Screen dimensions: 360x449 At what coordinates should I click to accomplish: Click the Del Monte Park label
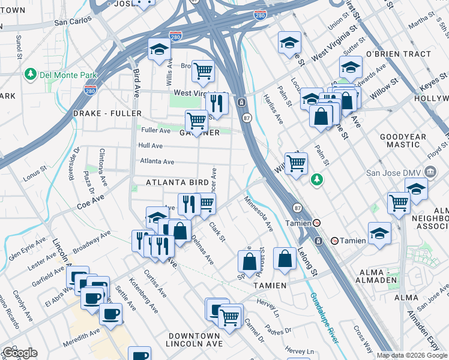click(61, 74)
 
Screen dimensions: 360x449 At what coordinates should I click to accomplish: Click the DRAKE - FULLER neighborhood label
click(107, 113)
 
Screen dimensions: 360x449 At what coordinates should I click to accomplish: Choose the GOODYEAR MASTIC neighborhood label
click(403, 140)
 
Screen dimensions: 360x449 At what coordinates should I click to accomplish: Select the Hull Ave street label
click(150, 146)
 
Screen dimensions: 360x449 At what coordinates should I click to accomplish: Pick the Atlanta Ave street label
click(157, 161)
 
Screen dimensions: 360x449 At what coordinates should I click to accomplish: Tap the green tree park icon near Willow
click(316, 179)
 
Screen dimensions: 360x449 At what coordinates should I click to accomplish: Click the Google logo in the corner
click(20, 353)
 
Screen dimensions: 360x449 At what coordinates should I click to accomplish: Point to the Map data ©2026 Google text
click(412, 355)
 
